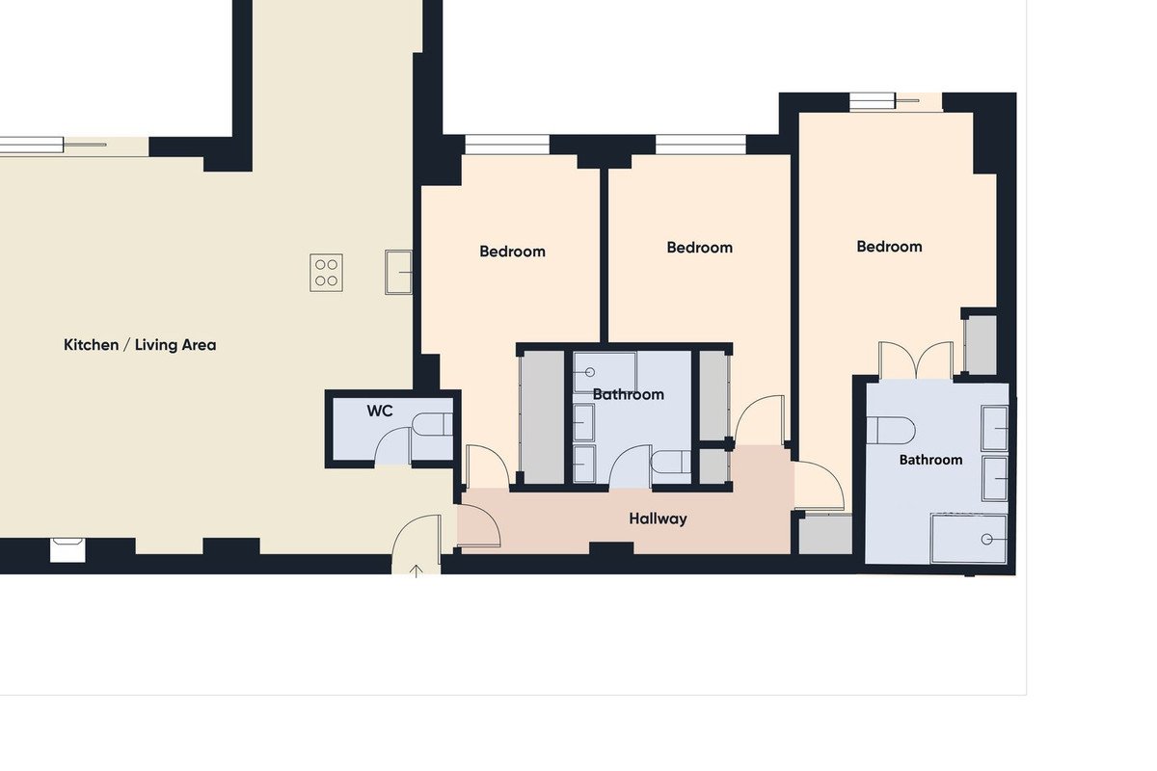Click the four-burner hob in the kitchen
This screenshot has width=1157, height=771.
click(327, 273)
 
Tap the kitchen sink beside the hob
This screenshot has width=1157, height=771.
click(399, 272)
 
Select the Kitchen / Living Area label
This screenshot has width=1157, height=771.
click(140, 345)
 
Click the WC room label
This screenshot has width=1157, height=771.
click(380, 412)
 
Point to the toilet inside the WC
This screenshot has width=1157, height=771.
click(433, 424)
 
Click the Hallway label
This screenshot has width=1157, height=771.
click(658, 519)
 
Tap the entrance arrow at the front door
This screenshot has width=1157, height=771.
click(417, 571)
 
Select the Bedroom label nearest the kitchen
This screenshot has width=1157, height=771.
click(512, 252)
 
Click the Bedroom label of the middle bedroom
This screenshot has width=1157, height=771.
click(699, 248)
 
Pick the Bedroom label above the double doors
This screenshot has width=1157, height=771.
click(889, 247)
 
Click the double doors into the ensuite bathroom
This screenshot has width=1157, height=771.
click(916, 360)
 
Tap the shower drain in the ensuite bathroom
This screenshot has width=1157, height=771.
click(986, 540)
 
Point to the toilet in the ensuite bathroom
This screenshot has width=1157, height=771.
click(891, 430)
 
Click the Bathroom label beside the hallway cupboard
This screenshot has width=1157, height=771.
click(930, 460)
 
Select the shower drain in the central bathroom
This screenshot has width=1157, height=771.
click(590, 372)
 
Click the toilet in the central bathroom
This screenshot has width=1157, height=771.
click(670, 462)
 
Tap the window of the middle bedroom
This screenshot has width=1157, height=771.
click(701, 145)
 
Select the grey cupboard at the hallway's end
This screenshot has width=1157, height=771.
click(825, 535)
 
